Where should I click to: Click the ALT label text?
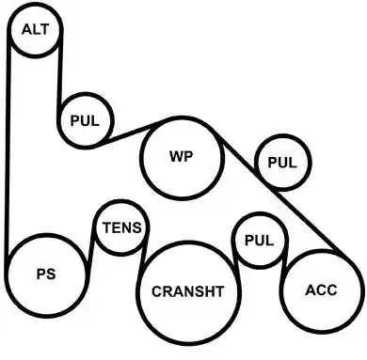point(36,29)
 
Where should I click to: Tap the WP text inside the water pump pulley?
point(182,156)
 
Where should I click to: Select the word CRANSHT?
point(188,291)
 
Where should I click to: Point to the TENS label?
point(122,227)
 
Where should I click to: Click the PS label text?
point(46,274)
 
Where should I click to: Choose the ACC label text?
point(321,290)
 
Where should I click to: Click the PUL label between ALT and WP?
point(85,120)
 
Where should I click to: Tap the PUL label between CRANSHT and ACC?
point(260,241)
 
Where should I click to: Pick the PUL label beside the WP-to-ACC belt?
point(282,163)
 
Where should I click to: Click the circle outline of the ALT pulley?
point(36,4)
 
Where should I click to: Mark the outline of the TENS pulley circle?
point(122,201)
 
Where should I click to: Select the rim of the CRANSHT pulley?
point(188,242)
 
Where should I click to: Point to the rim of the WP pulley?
point(183,117)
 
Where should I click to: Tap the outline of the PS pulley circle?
point(46,317)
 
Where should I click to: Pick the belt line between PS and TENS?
point(90,251)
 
